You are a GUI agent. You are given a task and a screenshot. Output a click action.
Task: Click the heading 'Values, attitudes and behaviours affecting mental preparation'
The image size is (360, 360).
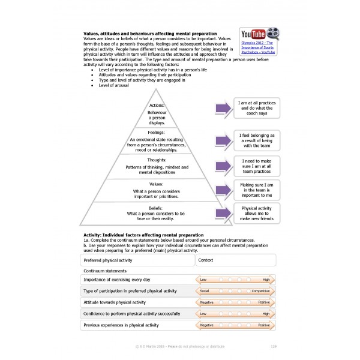pos(150,34)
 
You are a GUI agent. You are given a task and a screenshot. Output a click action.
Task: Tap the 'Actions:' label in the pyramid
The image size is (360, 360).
pos(157,106)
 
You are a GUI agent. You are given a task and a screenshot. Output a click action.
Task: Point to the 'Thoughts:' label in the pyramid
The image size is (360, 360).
pos(157,161)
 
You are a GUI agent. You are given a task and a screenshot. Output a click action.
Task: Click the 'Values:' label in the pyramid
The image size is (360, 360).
pos(157,184)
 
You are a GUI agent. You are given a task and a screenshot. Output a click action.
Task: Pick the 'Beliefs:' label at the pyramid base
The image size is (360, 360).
pos(156,208)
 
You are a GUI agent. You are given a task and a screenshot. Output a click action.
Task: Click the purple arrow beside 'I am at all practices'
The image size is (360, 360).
pos(223,109)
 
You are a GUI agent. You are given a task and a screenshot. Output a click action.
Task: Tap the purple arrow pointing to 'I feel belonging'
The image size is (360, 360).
pos(223,140)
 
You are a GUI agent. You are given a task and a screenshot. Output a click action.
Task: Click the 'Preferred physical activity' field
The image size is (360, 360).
pos(137,260)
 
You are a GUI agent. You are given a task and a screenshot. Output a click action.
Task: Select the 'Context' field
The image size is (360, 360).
pos(236,260)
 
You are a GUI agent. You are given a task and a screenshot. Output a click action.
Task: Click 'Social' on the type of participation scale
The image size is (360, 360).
pos(205,291)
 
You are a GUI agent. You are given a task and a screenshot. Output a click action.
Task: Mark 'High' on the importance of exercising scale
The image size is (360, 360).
pos(265,280)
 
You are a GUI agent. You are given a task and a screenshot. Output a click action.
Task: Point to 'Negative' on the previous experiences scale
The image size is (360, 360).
pos(206,325)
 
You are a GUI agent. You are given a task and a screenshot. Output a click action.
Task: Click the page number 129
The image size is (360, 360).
pos(273,346)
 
